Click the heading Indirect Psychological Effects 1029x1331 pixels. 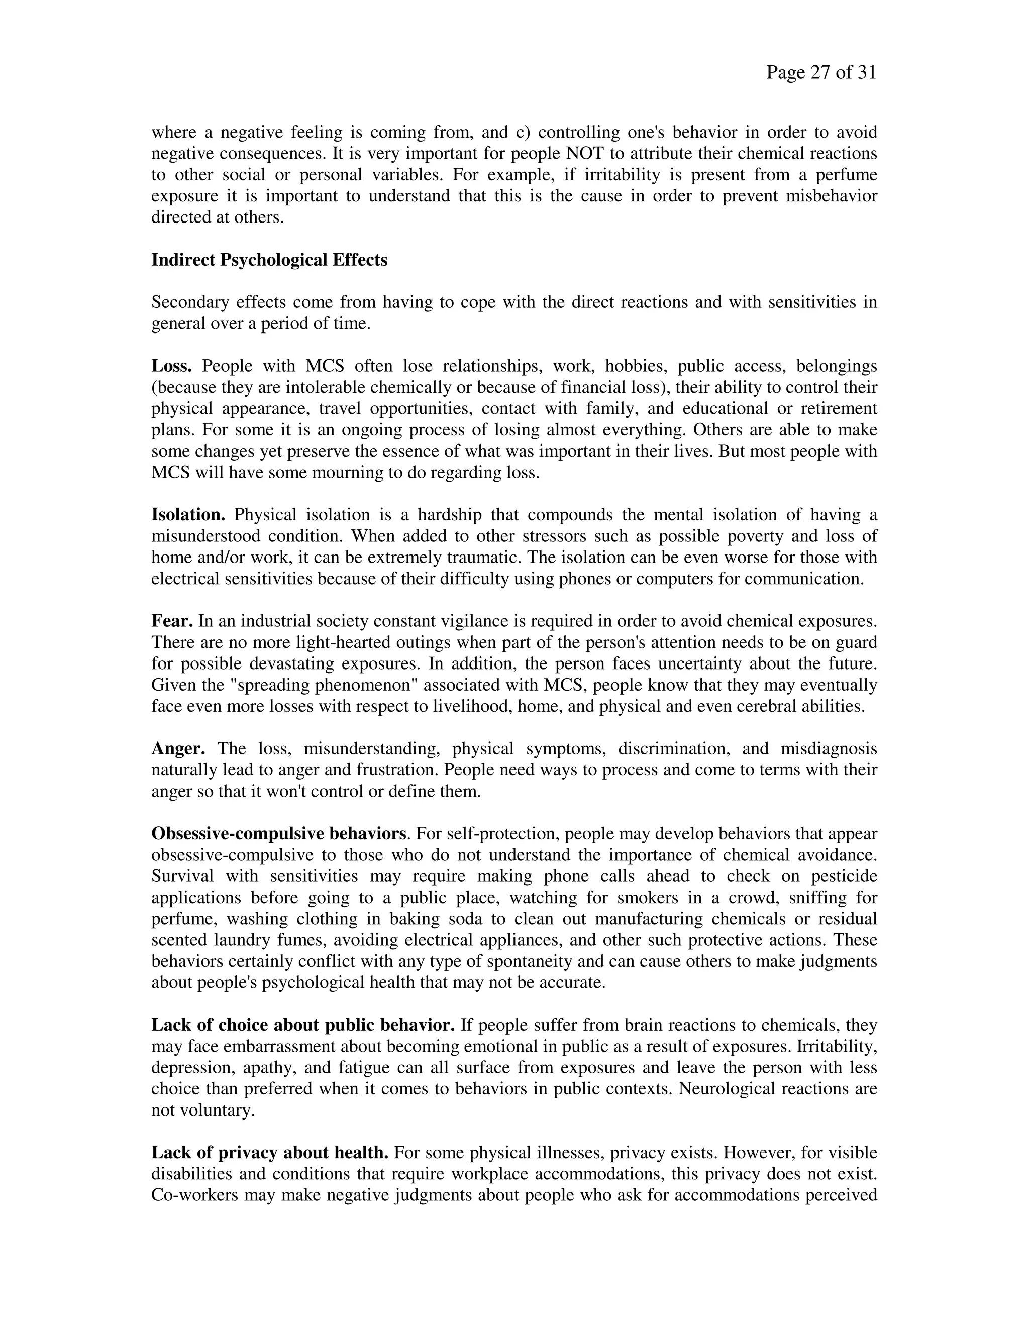pyautogui.click(x=269, y=260)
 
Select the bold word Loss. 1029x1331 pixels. pyautogui.click(x=171, y=366)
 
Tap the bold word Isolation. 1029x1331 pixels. pyautogui.click(x=188, y=515)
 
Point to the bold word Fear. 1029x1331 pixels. pyautogui.click(x=172, y=621)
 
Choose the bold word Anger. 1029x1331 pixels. pyautogui.click(x=178, y=748)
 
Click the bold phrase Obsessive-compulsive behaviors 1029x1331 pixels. pyautogui.click(x=278, y=833)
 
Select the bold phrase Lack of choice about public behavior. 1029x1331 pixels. pyautogui.click(x=302, y=1025)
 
